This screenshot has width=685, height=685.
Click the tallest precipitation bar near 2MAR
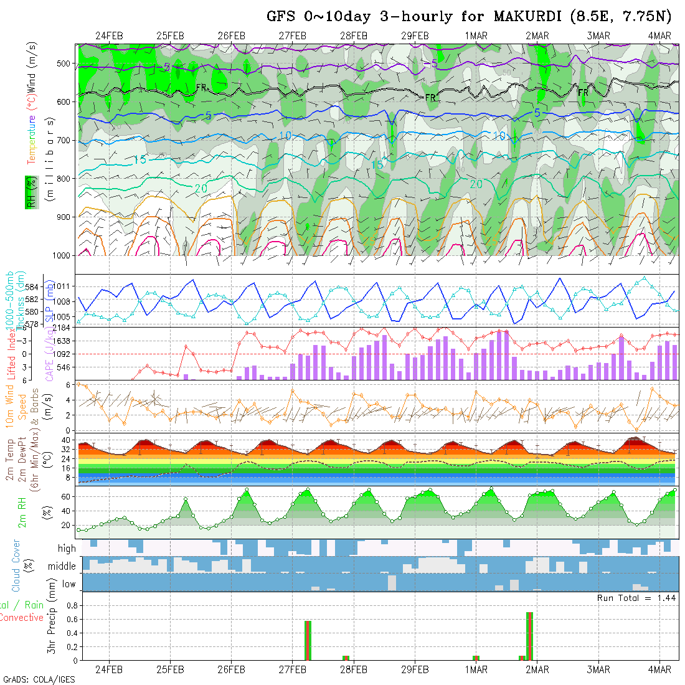click(529, 635)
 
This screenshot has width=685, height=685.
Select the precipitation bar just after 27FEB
click(308, 640)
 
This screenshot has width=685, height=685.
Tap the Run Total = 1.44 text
click(636, 598)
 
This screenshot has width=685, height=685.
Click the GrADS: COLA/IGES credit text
click(39, 679)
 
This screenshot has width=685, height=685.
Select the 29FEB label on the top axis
click(415, 35)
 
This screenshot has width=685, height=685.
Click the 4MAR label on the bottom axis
click(659, 670)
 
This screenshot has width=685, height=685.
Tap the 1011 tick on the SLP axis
click(64, 286)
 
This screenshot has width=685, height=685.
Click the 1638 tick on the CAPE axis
click(64, 341)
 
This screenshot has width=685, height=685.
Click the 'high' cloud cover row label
click(67, 549)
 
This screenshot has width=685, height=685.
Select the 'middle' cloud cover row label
click(62, 567)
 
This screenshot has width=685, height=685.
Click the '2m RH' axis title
click(22, 512)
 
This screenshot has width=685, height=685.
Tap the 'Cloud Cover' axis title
click(16, 566)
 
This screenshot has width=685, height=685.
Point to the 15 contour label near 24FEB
click(140, 161)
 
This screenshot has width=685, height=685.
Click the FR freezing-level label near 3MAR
click(583, 93)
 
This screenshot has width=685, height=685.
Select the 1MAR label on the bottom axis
click(476, 670)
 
